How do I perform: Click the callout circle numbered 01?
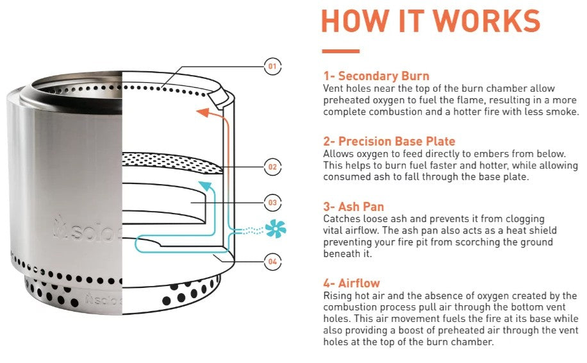272,66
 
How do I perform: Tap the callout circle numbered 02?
272,167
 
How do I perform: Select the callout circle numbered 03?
272,203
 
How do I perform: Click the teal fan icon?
276,229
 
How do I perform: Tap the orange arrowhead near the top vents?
201,112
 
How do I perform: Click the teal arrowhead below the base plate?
204,185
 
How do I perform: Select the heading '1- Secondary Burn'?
376,76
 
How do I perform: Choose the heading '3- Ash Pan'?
354,207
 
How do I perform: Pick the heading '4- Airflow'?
352,283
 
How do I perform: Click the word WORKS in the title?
486,21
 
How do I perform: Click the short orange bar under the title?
340,51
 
